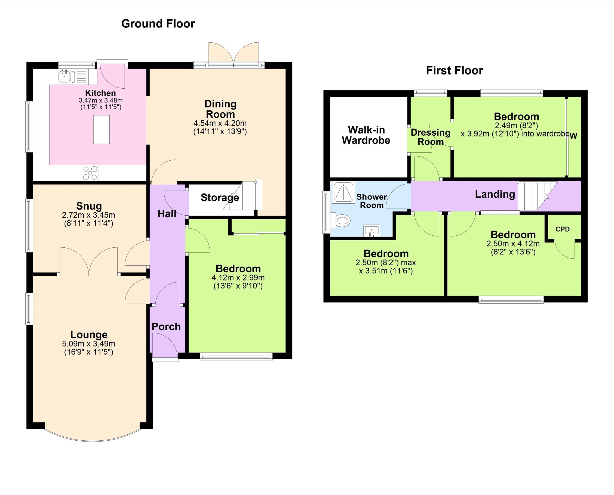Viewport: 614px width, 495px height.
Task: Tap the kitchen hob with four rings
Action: point(90,173)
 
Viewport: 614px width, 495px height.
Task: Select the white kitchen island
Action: point(101,129)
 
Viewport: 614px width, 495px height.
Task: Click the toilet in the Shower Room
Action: point(340,220)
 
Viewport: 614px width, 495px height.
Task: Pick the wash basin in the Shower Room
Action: point(372,231)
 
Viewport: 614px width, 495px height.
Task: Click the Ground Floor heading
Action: point(158,24)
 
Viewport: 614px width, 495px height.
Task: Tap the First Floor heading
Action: point(455,70)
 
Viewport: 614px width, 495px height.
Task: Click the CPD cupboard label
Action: point(563,229)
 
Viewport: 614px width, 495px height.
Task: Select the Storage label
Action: point(220,197)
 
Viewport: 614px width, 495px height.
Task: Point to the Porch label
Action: point(166,327)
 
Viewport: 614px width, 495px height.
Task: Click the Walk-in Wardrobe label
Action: point(366,135)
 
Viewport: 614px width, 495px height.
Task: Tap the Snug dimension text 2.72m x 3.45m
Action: point(88,215)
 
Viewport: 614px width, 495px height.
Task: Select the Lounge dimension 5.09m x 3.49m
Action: point(88,344)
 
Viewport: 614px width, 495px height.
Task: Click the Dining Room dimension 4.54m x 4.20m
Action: point(220,123)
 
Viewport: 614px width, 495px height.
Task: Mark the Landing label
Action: point(495,194)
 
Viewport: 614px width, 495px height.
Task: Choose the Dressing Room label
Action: point(431,137)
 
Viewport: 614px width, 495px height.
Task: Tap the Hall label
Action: point(167,214)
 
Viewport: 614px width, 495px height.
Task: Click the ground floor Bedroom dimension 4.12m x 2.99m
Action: point(238,278)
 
